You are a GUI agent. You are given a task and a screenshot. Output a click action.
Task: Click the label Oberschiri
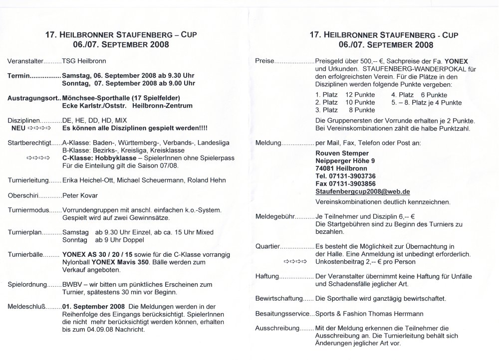pos(23,195)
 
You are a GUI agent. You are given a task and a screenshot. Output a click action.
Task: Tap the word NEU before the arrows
pos(18,128)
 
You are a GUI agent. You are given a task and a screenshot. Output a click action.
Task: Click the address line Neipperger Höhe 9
pos(344,161)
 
